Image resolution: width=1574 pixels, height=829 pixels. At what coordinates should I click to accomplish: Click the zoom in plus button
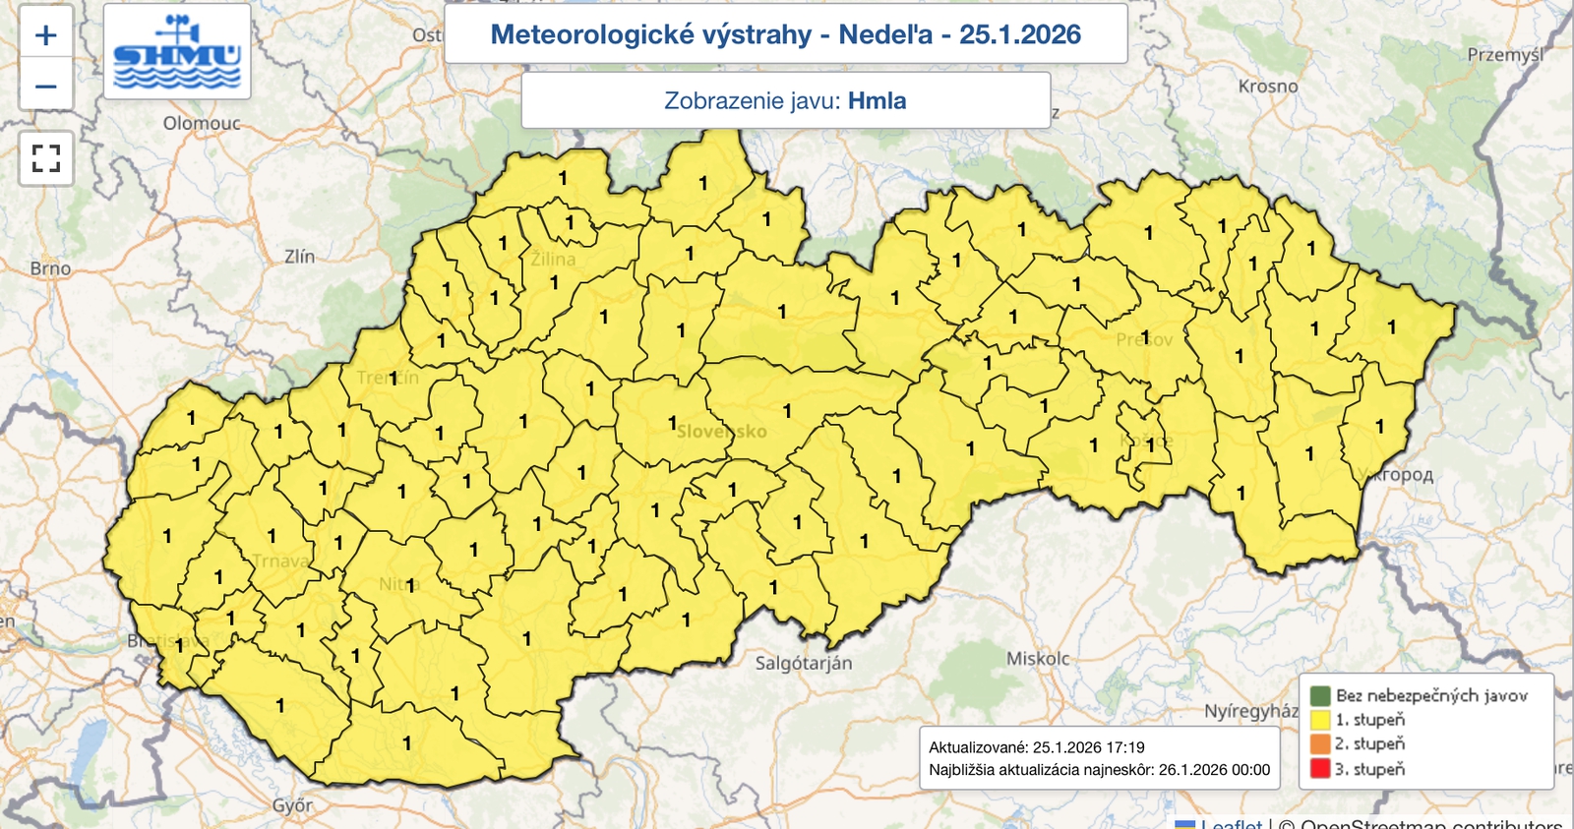(x=45, y=35)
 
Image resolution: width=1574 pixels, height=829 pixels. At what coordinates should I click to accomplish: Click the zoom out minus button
(x=45, y=87)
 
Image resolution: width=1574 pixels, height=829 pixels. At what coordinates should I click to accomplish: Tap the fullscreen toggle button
(x=46, y=158)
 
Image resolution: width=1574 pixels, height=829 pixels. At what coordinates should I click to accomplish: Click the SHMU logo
(x=177, y=52)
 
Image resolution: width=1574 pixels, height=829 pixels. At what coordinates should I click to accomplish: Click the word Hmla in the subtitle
(x=877, y=101)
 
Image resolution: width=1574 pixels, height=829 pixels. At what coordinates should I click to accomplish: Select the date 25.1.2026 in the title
(x=1019, y=34)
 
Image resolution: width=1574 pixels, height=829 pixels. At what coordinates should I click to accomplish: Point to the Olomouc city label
(x=202, y=123)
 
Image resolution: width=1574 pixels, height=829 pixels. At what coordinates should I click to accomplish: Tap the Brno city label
(x=50, y=268)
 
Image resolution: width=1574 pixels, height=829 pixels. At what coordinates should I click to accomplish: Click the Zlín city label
(x=299, y=257)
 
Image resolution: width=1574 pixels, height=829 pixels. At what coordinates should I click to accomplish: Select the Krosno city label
(x=1268, y=87)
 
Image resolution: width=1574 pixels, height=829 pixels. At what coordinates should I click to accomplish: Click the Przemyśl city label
(x=1505, y=55)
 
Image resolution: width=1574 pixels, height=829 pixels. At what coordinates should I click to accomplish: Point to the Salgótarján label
(x=803, y=663)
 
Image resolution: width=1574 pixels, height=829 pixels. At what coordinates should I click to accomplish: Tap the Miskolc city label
(x=1037, y=659)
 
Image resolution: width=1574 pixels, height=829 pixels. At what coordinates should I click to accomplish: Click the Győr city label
(x=292, y=805)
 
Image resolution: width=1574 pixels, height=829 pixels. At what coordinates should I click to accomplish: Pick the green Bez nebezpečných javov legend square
(x=1320, y=695)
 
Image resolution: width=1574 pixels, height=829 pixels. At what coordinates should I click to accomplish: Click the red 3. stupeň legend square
(x=1320, y=769)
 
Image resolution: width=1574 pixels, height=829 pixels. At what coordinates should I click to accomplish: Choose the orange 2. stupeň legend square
(x=1320, y=744)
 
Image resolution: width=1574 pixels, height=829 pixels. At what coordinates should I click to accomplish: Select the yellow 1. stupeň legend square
(x=1320, y=720)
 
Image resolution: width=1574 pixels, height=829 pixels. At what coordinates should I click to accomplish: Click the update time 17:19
(x=1124, y=747)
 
